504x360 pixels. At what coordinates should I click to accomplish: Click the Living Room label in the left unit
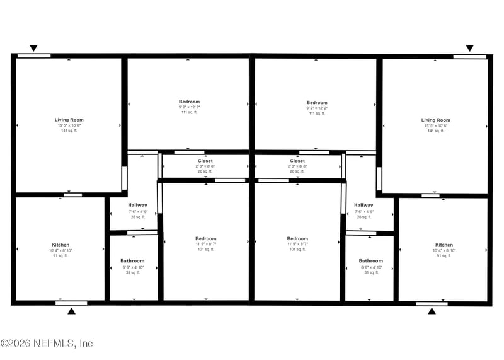point(69,120)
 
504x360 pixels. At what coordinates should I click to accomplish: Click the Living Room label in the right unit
point(435,120)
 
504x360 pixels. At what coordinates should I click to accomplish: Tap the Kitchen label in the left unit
point(60,245)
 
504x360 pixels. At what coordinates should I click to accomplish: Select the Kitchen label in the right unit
point(444,245)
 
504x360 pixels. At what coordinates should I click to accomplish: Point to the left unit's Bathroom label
point(132,261)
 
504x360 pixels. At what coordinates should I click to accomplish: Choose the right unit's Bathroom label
point(370,261)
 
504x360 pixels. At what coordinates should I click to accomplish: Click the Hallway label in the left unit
point(137,205)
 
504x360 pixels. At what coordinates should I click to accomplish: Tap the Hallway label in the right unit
point(364,205)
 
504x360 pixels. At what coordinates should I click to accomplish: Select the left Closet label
point(205,161)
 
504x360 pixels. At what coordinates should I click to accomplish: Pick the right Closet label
point(297,161)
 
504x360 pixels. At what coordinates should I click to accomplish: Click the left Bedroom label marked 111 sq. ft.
point(189,102)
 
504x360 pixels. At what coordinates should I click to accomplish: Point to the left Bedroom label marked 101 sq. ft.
point(205,239)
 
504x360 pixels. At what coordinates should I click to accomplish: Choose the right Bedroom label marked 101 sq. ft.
point(297,239)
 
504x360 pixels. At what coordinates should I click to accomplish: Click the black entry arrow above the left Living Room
point(34,48)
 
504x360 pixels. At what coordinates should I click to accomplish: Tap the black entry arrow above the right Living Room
point(469,48)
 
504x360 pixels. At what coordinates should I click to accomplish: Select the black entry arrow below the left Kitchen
point(71,311)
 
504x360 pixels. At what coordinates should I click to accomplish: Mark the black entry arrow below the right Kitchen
point(432,311)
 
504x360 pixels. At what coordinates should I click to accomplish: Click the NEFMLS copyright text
point(47,344)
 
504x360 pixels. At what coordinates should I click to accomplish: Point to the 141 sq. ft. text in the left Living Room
point(69,131)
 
